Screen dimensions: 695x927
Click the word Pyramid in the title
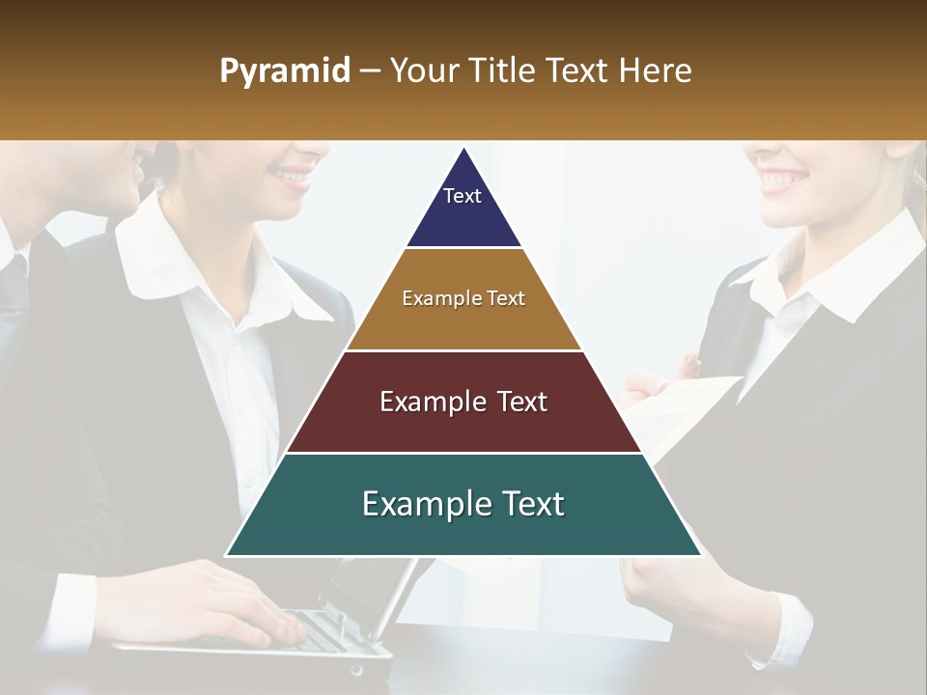284,71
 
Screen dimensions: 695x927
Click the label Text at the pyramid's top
462,196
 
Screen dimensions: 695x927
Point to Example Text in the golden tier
463,298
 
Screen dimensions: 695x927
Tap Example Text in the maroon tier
463,402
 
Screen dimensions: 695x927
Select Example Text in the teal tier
463,504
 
